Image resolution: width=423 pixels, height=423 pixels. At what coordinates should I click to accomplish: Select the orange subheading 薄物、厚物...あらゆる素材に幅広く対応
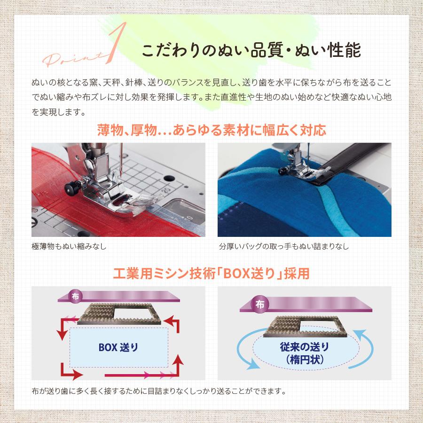pyautogui.click(x=211, y=130)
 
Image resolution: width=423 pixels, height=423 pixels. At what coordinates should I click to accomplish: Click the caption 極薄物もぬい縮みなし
pyautogui.click(x=69, y=246)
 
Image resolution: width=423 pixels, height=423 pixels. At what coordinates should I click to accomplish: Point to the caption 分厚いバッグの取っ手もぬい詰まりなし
pyautogui.click(x=284, y=246)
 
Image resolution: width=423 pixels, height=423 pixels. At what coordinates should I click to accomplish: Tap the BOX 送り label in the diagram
pyautogui.click(x=118, y=348)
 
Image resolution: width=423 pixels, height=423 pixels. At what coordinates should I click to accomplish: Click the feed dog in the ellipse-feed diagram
pyautogui.click(x=305, y=325)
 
